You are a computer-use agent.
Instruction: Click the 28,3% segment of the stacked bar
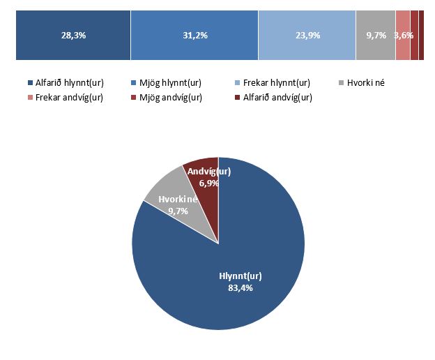click(x=73, y=36)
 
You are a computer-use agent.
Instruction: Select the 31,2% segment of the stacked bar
click(x=194, y=36)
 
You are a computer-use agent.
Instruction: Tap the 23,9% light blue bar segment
click(x=307, y=36)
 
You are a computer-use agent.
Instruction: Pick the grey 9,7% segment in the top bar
click(x=376, y=36)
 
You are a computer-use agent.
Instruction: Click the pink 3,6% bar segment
click(x=403, y=36)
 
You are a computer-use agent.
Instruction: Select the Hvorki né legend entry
click(x=365, y=83)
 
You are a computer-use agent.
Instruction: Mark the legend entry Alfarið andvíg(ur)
click(x=277, y=97)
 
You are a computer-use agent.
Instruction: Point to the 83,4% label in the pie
click(x=240, y=287)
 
